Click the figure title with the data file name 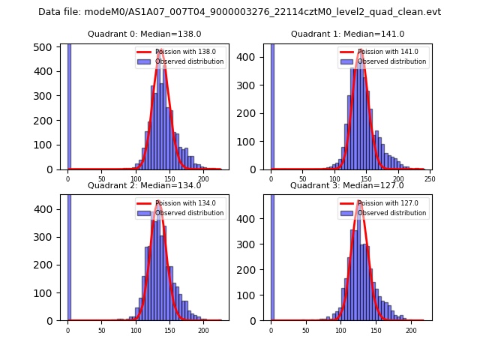click(x=239, y=12)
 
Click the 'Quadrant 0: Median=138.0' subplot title click(x=145, y=34)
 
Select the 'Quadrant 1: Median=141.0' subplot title click(x=347, y=34)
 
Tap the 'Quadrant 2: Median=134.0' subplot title click(x=145, y=186)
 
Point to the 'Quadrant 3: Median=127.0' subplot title click(x=347, y=186)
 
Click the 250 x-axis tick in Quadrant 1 click(x=430, y=180)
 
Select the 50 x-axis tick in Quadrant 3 click(x=305, y=331)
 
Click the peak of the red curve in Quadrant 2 click(x=158, y=201)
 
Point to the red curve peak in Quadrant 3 click(x=359, y=201)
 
